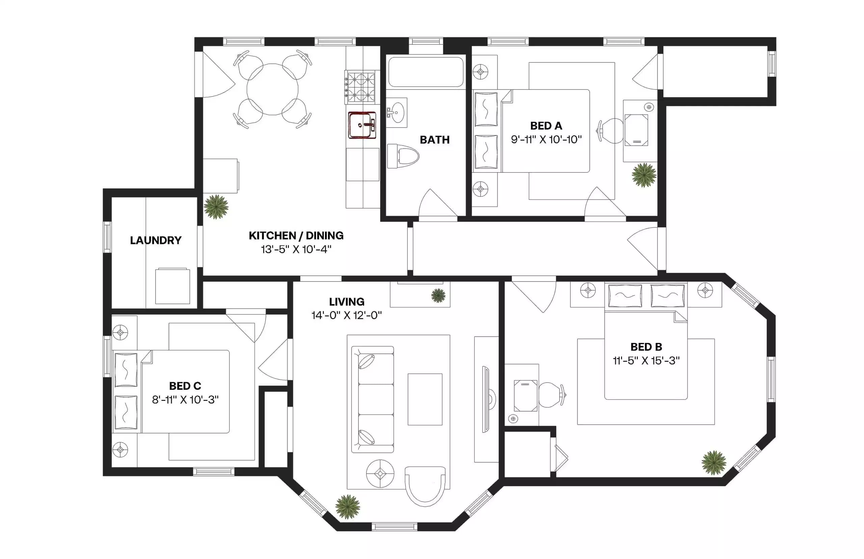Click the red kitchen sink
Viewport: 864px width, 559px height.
tap(362, 125)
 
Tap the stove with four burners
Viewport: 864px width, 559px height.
tap(360, 87)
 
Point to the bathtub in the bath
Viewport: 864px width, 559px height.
tap(425, 72)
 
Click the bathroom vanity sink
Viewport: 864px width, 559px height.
tap(397, 112)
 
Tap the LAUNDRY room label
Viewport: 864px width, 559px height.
tap(156, 240)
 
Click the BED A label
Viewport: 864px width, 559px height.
tap(546, 126)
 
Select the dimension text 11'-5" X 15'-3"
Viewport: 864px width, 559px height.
tap(646, 361)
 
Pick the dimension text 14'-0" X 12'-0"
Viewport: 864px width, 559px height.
tap(347, 315)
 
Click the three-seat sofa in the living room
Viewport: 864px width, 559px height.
tap(373, 399)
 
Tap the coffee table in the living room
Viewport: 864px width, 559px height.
tap(425, 399)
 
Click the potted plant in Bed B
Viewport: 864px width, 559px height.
tap(713, 462)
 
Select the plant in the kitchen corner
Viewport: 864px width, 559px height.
tap(216, 207)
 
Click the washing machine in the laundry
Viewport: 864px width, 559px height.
tap(172, 286)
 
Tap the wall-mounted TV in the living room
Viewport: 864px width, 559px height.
tap(486, 399)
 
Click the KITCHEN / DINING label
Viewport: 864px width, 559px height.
tap(296, 236)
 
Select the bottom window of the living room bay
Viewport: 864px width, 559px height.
tap(394, 527)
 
